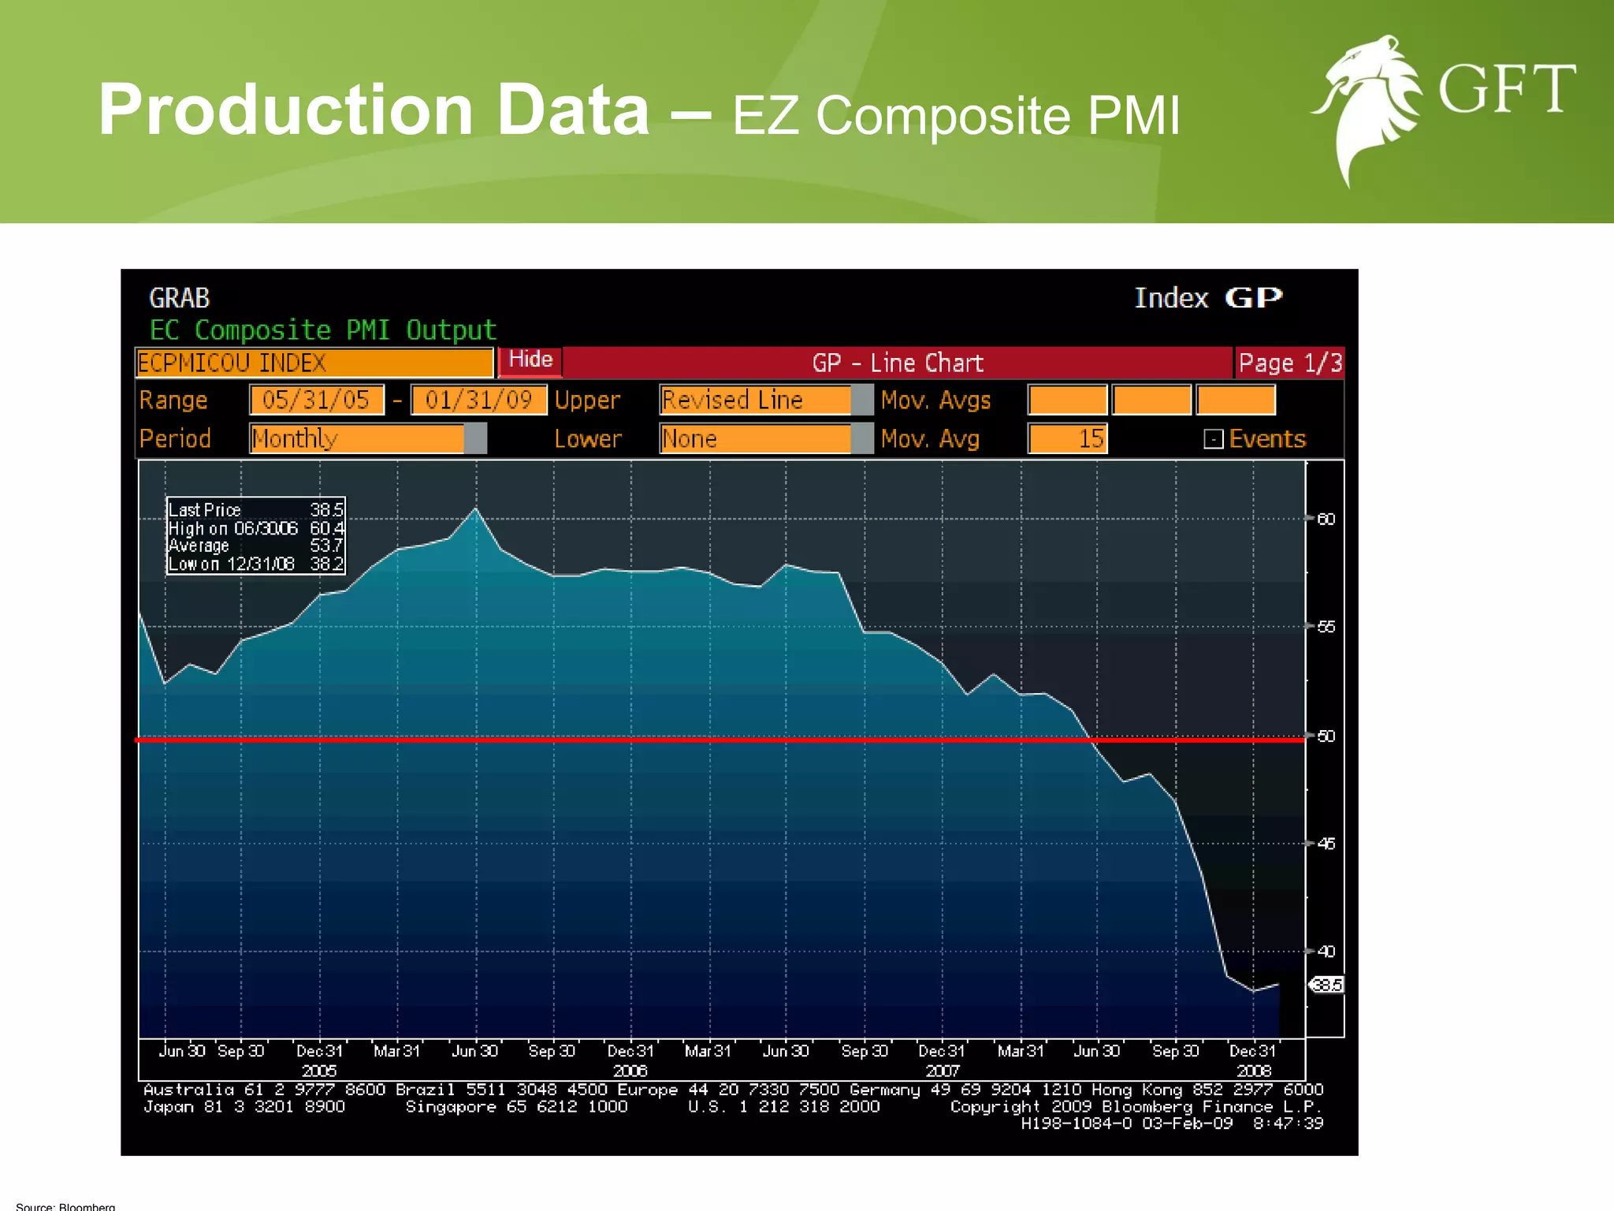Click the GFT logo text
1506,88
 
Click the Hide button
530,360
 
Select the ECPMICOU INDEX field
314,363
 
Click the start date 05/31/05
316,400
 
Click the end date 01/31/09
478,400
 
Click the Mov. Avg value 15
1068,438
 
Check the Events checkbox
1214,439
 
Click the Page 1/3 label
1289,363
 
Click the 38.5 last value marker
1327,985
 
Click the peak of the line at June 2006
475,509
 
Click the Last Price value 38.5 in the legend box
326,510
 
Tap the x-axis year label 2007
942,1071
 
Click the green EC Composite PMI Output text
323,330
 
